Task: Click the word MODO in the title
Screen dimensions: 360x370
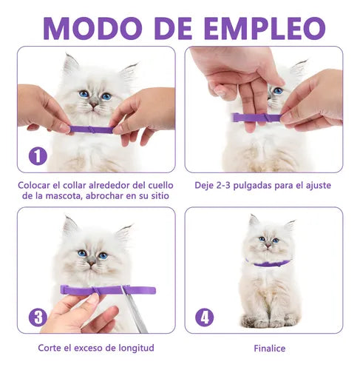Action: [92, 28]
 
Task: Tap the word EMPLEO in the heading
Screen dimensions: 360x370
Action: [265, 28]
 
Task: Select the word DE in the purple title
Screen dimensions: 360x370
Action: [174, 28]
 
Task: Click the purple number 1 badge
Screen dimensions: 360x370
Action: [38, 156]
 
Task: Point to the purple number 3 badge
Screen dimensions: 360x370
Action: [38, 317]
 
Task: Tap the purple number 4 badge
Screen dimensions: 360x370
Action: [205, 317]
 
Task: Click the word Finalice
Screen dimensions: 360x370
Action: [270, 349]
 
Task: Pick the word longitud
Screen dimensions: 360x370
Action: [136, 348]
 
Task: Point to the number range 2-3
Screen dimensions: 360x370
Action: [223, 186]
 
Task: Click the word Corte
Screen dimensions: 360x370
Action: [50, 348]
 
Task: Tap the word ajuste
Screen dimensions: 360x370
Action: [319, 186]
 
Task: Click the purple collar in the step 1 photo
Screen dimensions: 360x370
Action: [91, 129]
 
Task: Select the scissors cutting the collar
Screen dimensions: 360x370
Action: [135, 309]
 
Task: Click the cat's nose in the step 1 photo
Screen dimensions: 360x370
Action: [94, 105]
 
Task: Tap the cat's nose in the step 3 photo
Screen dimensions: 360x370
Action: [92, 263]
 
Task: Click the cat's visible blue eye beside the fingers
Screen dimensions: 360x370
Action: [278, 91]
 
